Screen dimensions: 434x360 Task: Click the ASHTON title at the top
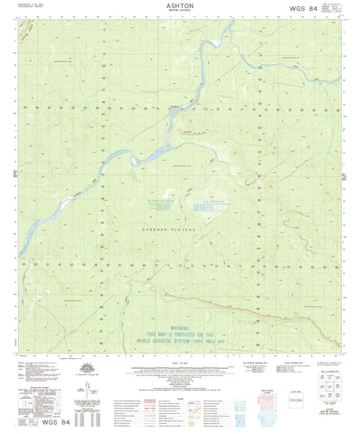coord(181,5)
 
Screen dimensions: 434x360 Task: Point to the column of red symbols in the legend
coord(133,403)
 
